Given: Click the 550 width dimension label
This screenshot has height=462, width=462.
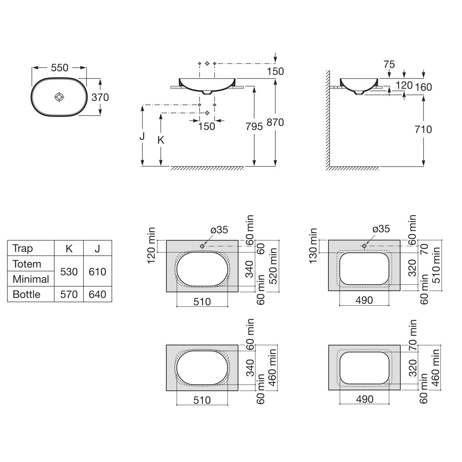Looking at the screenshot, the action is (x=59, y=68).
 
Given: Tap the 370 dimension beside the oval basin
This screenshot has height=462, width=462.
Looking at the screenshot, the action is (x=100, y=97).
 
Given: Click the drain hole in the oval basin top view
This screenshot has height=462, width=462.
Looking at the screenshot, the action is (x=59, y=97).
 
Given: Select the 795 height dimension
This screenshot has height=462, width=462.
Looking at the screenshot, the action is (x=254, y=127).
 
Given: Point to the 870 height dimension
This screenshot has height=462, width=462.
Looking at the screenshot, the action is (x=275, y=122).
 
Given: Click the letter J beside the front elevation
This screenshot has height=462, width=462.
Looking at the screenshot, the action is (x=142, y=136).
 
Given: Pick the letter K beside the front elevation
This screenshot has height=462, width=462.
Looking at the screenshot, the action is (x=161, y=140).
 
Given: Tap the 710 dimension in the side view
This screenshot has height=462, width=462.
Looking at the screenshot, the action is (x=423, y=129).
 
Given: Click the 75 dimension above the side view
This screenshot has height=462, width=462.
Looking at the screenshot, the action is (x=389, y=64).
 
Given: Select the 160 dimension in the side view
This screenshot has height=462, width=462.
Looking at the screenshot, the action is (x=423, y=87).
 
